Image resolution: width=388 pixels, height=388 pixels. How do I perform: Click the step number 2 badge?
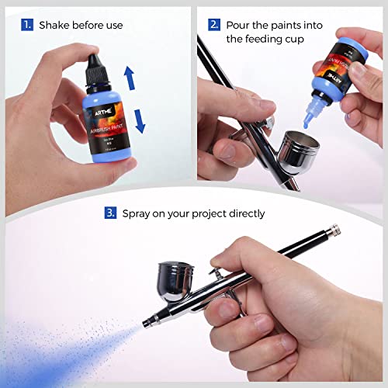tap(213, 25)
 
